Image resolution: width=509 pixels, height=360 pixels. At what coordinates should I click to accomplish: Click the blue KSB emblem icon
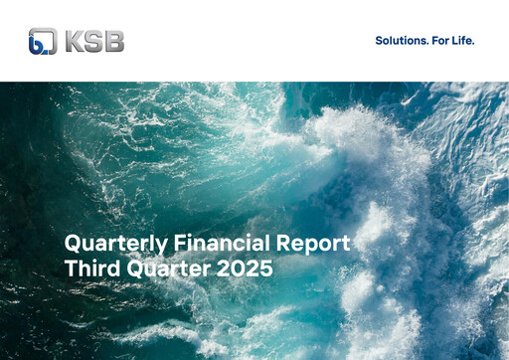pyautogui.click(x=43, y=41)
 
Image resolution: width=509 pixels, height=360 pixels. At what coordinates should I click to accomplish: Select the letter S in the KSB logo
pyautogui.click(x=94, y=41)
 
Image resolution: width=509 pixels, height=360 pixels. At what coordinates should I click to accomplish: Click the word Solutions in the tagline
pyautogui.click(x=400, y=41)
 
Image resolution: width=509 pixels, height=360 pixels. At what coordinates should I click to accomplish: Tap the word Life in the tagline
pyautogui.click(x=463, y=41)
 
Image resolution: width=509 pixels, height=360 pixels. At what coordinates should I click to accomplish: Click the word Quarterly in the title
pyautogui.click(x=109, y=244)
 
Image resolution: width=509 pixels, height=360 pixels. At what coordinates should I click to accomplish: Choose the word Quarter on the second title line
pyautogui.click(x=167, y=269)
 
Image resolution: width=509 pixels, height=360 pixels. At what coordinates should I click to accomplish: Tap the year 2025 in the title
pyautogui.click(x=247, y=268)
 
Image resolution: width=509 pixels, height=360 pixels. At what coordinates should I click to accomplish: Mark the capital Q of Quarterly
pyautogui.click(x=73, y=243)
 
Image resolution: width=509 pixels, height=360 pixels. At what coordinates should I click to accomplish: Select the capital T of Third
pyautogui.click(x=71, y=268)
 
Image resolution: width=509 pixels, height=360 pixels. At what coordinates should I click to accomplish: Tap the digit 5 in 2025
pyautogui.click(x=265, y=268)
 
